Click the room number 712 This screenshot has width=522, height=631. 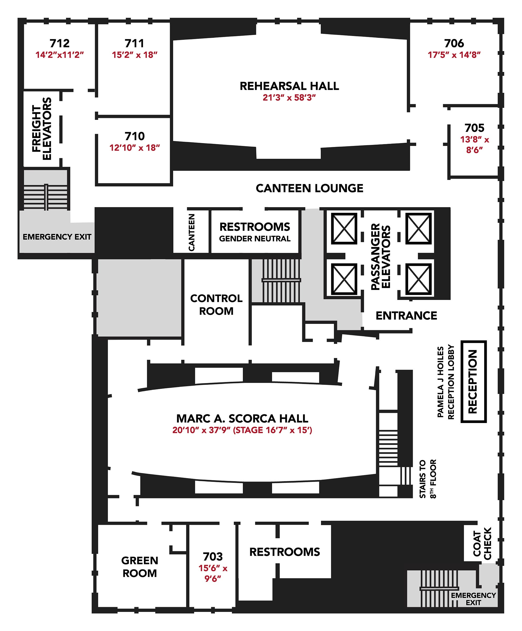pyautogui.click(x=59, y=43)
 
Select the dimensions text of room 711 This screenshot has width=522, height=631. pyautogui.click(x=134, y=55)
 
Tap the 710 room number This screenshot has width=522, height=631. pyautogui.click(x=134, y=136)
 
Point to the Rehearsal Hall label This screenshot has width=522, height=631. pyautogui.click(x=289, y=86)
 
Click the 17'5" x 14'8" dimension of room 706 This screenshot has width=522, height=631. pyautogui.click(x=454, y=55)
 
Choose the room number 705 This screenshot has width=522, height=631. pyautogui.click(x=474, y=128)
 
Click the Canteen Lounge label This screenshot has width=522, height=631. pyautogui.click(x=309, y=189)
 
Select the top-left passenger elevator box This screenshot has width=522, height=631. pyautogui.click(x=344, y=229)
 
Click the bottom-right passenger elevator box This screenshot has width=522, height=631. pyautogui.click(x=418, y=279)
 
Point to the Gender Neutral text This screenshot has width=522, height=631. pyautogui.click(x=255, y=239)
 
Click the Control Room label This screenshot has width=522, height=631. pyautogui.click(x=216, y=305)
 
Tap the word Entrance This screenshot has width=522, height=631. pyautogui.click(x=406, y=316)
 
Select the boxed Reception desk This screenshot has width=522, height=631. pyautogui.click(x=474, y=381)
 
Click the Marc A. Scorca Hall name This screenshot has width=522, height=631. pyautogui.click(x=242, y=419)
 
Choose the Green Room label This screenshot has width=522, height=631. pyautogui.click(x=139, y=567)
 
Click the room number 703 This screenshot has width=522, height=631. pyautogui.click(x=213, y=557)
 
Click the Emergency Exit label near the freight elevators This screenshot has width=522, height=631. pyautogui.click(x=57, y=237)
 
